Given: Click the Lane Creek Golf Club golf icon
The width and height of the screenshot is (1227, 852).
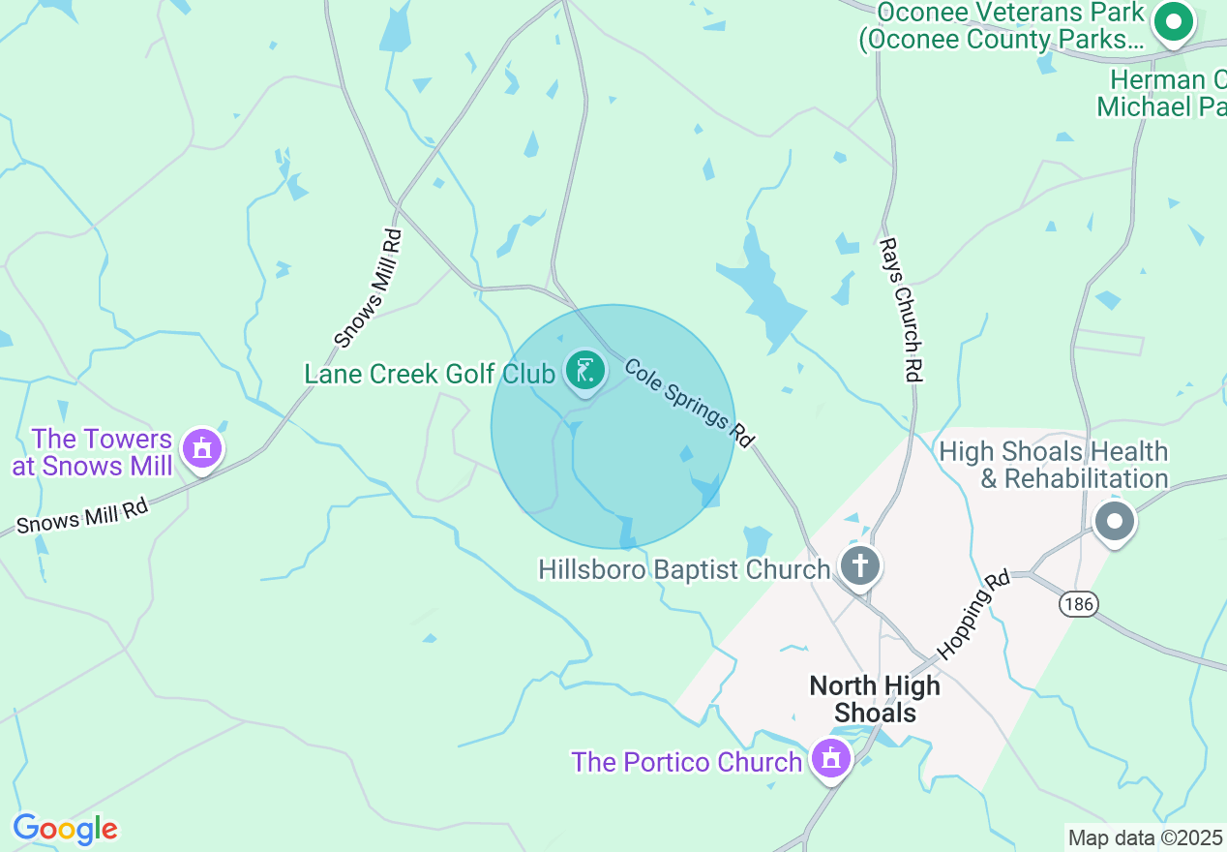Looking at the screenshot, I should [x=584, y=372].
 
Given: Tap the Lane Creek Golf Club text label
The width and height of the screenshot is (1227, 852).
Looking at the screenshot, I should [x=430, y=374].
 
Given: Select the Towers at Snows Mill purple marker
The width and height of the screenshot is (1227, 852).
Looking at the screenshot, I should [x=202, y=449].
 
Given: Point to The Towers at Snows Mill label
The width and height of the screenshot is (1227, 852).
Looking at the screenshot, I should [x=93, y=453].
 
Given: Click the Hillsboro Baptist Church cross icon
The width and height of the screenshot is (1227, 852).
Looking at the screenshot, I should [x=859, y=565].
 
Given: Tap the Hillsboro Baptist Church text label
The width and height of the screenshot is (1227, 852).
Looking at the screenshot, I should [x=684, y=569].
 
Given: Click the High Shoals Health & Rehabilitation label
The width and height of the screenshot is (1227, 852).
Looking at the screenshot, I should [x=1054, y=466].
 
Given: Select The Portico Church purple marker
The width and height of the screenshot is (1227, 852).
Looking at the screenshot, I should [x=830, y=759].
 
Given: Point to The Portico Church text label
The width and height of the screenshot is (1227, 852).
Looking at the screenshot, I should [x=687, y=762].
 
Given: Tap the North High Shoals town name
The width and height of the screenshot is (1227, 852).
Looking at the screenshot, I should [x=875, y=699].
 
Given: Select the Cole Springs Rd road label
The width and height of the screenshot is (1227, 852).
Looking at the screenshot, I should [x=689, y=402].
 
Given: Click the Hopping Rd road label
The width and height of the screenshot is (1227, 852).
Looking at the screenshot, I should [x=974, y=614].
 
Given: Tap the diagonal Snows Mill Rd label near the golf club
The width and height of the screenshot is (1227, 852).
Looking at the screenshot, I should [x=368, y=288].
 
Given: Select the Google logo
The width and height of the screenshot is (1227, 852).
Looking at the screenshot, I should [x=65, y=829].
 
